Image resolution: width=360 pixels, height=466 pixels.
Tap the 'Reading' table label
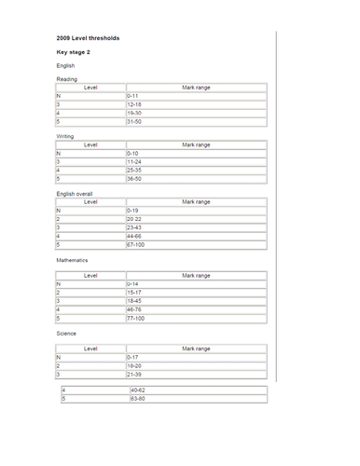[67, 80]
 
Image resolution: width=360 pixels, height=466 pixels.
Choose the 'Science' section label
[67, 333]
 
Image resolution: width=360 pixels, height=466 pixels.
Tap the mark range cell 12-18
[136, 104]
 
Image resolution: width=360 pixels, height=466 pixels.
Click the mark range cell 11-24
[136, 161]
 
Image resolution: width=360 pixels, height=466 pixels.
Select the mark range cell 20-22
[136, 218]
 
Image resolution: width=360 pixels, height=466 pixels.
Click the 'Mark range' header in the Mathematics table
[196, 276]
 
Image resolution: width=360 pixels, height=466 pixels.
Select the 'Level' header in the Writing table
[90, 145]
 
